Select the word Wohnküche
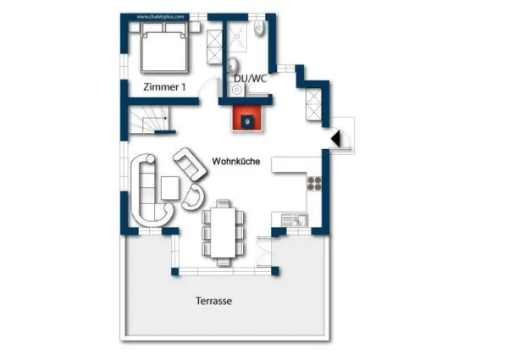(235, 161)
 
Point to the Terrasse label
(213, 301)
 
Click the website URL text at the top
(160, 15)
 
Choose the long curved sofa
(147, 191)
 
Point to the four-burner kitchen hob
(314, 182)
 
